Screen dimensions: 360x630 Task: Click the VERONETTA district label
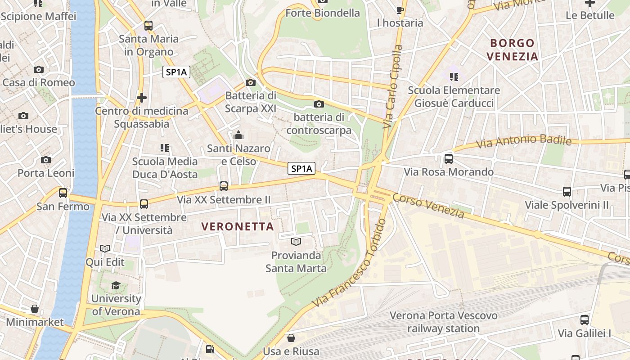237,226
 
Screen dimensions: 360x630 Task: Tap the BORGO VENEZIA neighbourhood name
513,50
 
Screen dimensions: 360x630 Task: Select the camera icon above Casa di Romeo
39,69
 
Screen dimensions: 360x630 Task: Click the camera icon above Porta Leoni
45,160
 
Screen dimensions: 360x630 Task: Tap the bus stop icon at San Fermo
63,193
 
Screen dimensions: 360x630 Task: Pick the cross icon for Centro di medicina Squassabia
142,97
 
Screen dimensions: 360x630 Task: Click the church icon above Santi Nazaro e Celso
238,135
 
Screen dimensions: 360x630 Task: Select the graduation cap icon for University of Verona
116,285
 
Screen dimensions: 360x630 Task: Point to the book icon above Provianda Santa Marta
296,242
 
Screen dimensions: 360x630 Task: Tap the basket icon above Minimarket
35,309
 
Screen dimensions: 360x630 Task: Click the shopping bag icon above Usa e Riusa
291,337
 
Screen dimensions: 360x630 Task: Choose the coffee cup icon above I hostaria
400,9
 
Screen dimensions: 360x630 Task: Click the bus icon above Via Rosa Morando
449,158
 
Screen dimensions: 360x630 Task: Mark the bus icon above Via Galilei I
584,320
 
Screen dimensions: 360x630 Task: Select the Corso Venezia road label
428,206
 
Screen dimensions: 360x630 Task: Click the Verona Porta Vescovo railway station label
443,322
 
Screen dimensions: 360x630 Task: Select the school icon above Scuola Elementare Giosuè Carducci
454,77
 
